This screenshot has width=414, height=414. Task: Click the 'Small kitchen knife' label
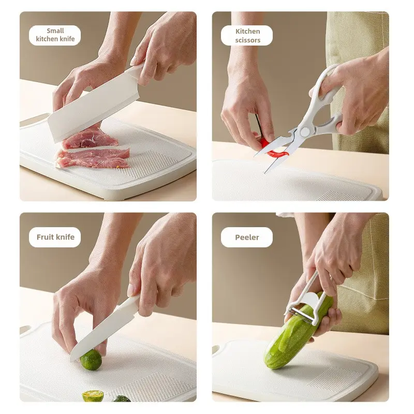(x=55, y=35)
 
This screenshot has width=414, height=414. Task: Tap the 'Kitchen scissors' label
(x=247, y=35)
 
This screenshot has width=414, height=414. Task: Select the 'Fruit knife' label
(x=55, y=237)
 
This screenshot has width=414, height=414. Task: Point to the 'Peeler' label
(x=247, y=237)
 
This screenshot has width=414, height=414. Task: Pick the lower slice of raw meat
(x=93, y=158)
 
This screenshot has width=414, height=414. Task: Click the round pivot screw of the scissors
(x=305, y=131)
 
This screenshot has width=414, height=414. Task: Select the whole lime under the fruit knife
(x=91, y=359)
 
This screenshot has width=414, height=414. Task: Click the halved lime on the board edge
(x=93, y=396)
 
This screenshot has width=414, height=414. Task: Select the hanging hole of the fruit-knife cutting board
(x=25, y=330)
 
